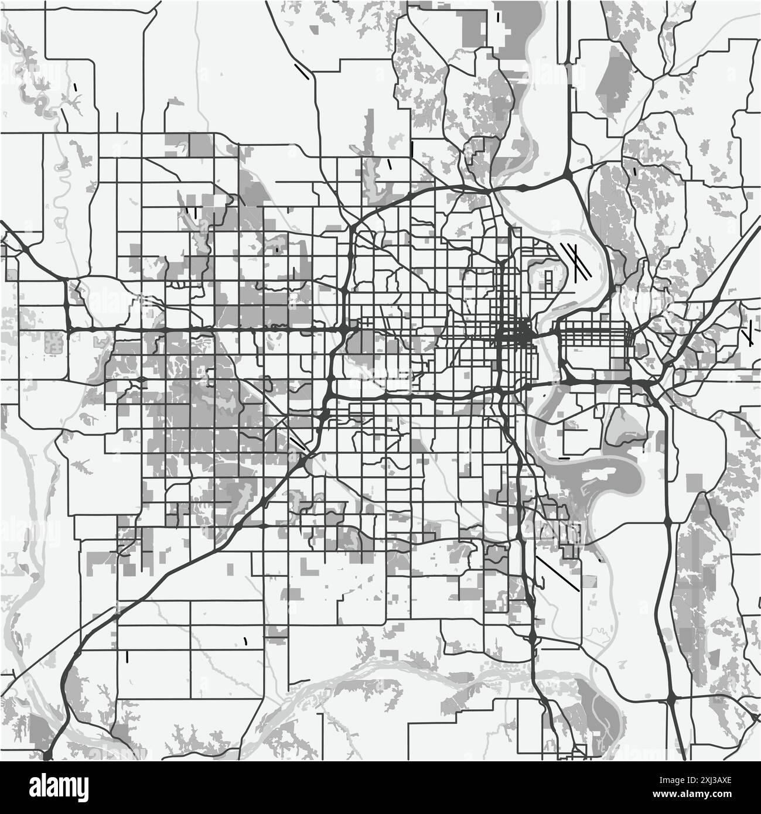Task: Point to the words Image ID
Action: [x=680, y=776]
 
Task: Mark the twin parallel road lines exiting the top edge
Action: [x=569, y=29]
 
